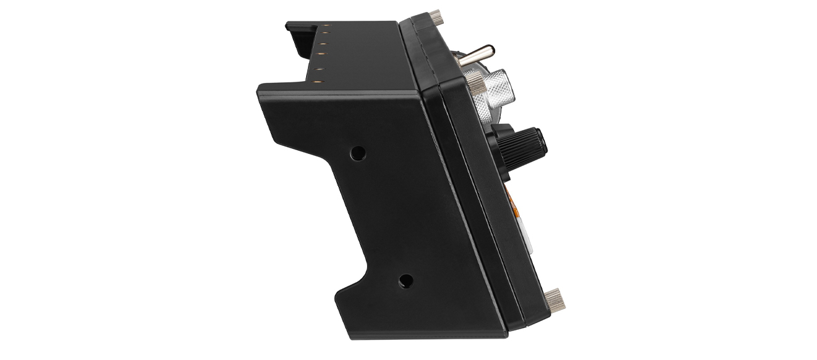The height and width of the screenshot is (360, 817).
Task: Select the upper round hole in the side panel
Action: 358,153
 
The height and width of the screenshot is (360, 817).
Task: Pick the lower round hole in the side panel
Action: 406,280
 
